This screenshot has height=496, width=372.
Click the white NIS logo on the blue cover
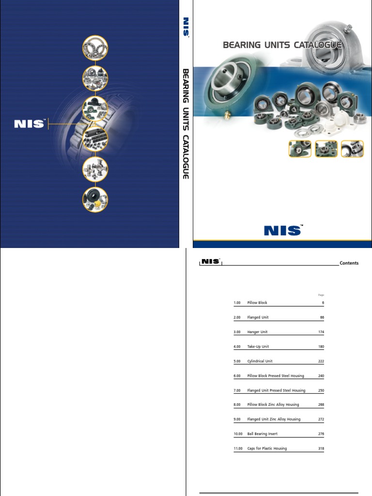pyautogui.click(x=29, y=124)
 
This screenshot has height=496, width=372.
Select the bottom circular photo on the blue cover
pyautogui.click(x=94, y=200)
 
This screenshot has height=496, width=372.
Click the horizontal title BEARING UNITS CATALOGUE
pyautogui.click(x=282, y=45)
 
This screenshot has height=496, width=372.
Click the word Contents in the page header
pyautogui.click(x=349, y=263)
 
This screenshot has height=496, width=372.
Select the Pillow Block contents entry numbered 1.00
pyautogui.click(x=257, y=303)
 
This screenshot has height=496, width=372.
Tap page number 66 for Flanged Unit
pyautogui.click(x=322, y=317)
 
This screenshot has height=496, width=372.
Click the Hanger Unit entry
pyautogui.click(x=257, y=332)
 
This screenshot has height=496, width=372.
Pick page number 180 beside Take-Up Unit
pyautogui.click(x=321, y=346)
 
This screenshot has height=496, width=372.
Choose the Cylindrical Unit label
pyautogui.click(x=260, y=361)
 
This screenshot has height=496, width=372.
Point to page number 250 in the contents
pyautogui.click(x=321, y=390)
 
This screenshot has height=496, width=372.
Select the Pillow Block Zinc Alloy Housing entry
pyautogui.click(x=273, y=404)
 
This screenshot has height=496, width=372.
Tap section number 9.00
pyautogui.click(x=237, y=419)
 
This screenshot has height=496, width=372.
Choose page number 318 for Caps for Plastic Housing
pyautogui.click(x=321, y=448)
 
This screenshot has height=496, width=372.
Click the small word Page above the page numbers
pyautogui.click(x=321, y=294)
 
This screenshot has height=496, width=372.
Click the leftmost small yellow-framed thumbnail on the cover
pyautogui.click(x=300, y=149)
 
